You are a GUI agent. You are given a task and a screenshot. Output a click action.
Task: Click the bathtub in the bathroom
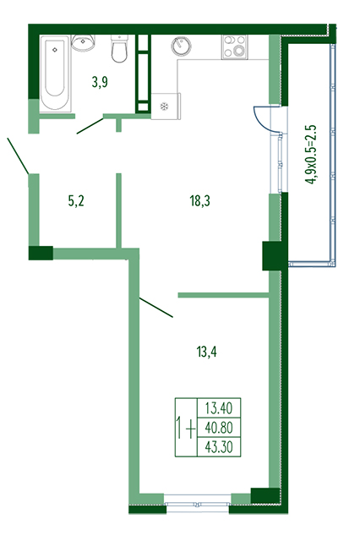pyautogui.click(x=55, y=74)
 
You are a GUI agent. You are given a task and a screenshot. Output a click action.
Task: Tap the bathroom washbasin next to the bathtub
pyautogui.click(x=83, y=42)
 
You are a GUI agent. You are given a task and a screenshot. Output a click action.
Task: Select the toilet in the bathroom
pyautogui.click(x=120, y=49)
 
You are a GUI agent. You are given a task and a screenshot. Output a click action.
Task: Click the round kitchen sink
pyautogui.click(x=181, y=46)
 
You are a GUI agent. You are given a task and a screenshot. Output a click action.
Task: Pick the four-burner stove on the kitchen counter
pyautogui.click(x=234, y=46)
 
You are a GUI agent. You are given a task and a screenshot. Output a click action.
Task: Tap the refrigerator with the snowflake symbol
pyautogui.click(x=166, y=107)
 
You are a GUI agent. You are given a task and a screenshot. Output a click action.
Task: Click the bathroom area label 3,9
pyautogui.click(x=100, y=83)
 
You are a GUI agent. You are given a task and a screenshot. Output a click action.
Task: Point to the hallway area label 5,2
pyautogui.click(x=76, y=201)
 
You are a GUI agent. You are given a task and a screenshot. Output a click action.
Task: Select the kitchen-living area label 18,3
pyautogui.click(x=200, y=200)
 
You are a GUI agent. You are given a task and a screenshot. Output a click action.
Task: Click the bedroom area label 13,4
pyautogui.click(x=206, y=352)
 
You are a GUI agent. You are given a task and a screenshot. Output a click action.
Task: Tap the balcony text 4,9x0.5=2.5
pyautogui.click(x=312, y=155)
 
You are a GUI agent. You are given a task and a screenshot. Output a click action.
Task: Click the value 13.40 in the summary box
pyautogui.click(x=219, y=408)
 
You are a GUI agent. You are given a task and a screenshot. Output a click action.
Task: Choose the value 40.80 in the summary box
pyautogui.click(x=219, y=428)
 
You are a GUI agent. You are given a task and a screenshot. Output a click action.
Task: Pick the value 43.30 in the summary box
pyautogui.click(x=219, y=447)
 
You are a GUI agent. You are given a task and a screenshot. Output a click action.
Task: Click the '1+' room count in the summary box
pyautogui.click(x=186, y=428)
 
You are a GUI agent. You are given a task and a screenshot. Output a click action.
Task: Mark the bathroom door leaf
pyautogui.click(x=90, y=126)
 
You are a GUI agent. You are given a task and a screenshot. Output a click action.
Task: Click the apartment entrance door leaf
pyautogui.click(x=18, y=156)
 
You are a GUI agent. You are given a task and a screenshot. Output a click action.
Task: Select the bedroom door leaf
pyautogui.click(x=155, y=307)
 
